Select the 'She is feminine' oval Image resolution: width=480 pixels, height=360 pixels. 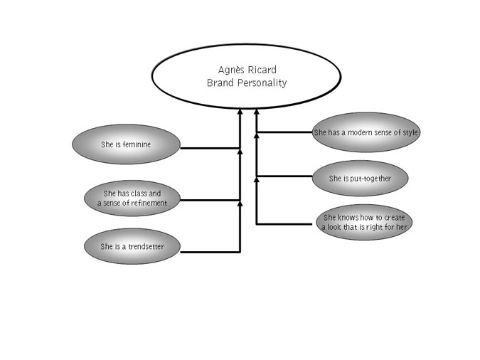click(126, 144)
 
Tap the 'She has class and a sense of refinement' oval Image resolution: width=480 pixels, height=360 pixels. click(132, 198)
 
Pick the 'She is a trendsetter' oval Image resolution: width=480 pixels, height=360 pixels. click(132, 247)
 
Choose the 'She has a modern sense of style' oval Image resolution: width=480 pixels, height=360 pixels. click(366, 132)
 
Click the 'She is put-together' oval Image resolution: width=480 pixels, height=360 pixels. click(361, 177)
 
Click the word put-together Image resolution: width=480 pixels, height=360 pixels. click(370, 177)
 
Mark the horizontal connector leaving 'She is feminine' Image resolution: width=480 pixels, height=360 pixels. click(210, 148)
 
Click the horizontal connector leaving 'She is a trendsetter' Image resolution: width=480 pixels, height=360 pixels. click(210, 251)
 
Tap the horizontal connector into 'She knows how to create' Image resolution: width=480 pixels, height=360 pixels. click(287, 224)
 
